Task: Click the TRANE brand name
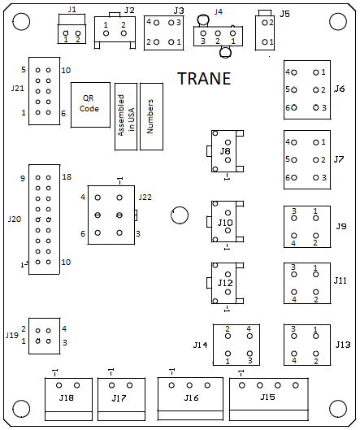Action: point(204,79)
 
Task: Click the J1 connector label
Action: point(72,10)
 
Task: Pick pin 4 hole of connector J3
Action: point(156,23)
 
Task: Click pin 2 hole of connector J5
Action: point(265,23)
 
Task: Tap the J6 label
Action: point(339,89)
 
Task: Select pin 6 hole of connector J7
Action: point(294,178)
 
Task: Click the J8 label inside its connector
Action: point(225,151)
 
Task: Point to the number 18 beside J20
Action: point(67,177)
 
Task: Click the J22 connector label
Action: point(145,198)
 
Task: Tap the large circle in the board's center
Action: point(180,215)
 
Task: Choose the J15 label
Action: point(267,397)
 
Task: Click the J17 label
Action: point(119,398)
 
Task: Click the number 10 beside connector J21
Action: point(66,71)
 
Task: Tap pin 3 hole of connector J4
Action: point(203,33)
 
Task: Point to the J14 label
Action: point(201,345)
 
